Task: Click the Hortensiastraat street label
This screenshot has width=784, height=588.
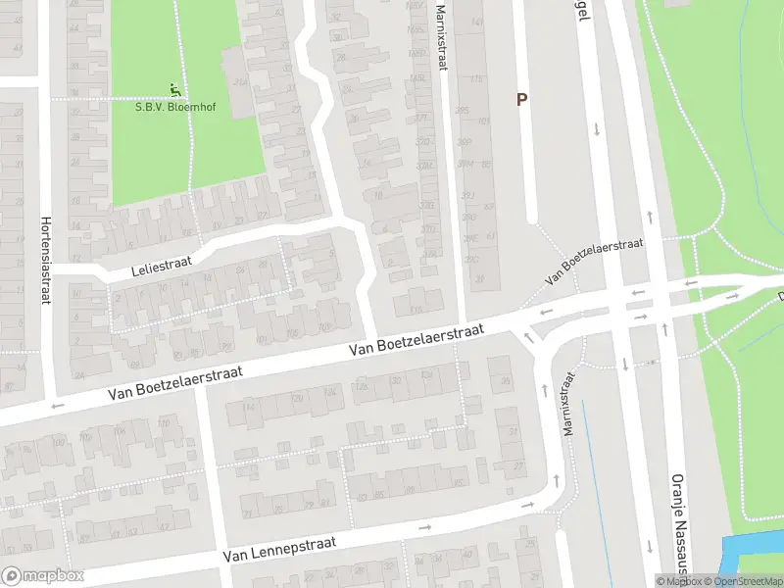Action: pyautogui.click(x=45, y=261)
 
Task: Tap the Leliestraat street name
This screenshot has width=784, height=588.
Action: pyautogui.click(x=164, y=261)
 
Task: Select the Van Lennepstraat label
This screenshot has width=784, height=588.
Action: pyautogui.click(x=279, y=548)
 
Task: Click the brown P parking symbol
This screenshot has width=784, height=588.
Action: pyautogui.click(x=522, y=99)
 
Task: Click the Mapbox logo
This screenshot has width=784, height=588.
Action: pyautogui.click(x=43, y=576)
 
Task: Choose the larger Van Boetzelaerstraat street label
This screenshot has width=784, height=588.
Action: pyautogui.click(x=418, y=344)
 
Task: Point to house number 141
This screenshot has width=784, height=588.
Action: pyautogui.click(x=477, y=21)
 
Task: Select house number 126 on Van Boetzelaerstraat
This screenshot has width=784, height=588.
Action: pyautogui.click(x=365, y=388)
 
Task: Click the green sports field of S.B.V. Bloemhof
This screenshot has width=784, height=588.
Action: pyautogui.click(x=186, y=147)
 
